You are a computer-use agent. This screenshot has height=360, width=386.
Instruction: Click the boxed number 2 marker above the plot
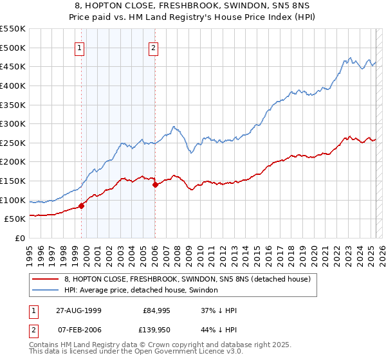pos(154,48)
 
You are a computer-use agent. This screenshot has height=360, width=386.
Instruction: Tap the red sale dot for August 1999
pos(82,206)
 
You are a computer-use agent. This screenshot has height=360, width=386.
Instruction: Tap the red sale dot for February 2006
pos(155,185)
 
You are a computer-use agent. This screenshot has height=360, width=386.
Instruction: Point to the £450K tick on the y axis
pos(12,66)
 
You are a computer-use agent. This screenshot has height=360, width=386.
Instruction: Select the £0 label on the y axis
pos(20,238)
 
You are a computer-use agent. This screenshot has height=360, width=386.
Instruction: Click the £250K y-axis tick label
pos(12,143)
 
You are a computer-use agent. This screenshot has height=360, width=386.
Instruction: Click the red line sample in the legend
pos(46,279)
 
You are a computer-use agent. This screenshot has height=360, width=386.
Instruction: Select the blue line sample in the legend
pos(46,291)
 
